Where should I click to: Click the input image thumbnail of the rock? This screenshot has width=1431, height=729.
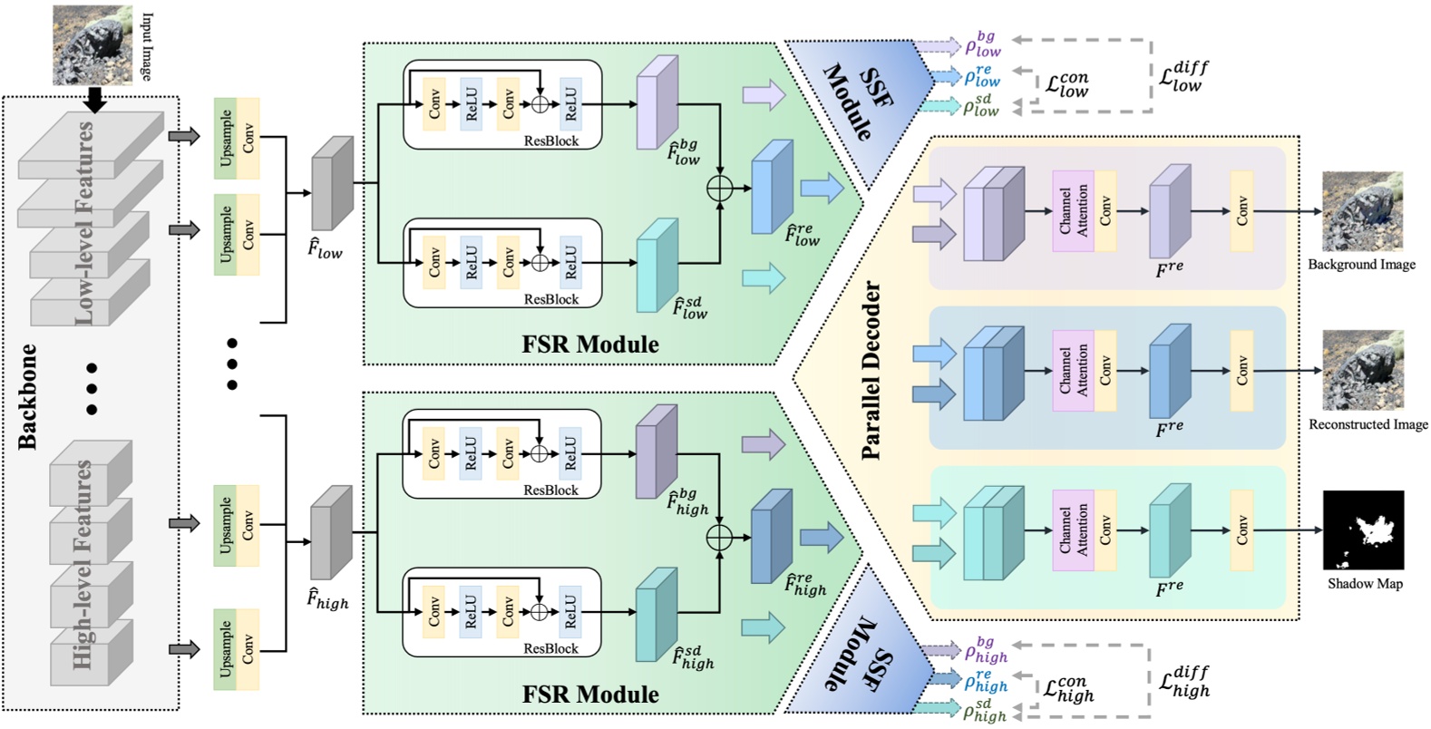coord(92,44)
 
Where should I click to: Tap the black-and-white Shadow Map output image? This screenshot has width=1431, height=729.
coord(1363,531)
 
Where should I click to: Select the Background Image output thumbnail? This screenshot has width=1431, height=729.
coord(1362,211)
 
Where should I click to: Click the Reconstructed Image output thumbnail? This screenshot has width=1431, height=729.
coord(1362,370)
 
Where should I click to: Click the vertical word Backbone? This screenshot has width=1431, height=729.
coord(29,396)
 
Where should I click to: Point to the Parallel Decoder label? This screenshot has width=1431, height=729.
coord(871,370)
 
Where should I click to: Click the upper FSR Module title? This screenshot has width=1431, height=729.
coord(590,345)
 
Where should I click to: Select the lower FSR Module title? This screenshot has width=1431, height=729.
coord(590,695)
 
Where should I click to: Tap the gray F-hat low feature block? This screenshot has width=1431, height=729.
coord(332,184)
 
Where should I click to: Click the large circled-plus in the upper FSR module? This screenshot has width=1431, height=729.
coord(719,189)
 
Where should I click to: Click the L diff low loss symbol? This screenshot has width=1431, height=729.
coord(1183,76)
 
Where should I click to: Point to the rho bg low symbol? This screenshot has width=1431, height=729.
coord(982,44)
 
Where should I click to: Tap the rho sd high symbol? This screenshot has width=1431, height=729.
coord(984,710)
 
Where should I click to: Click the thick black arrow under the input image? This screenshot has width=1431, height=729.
coord(94,99)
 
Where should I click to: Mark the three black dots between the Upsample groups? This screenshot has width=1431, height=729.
coord(232,364)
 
